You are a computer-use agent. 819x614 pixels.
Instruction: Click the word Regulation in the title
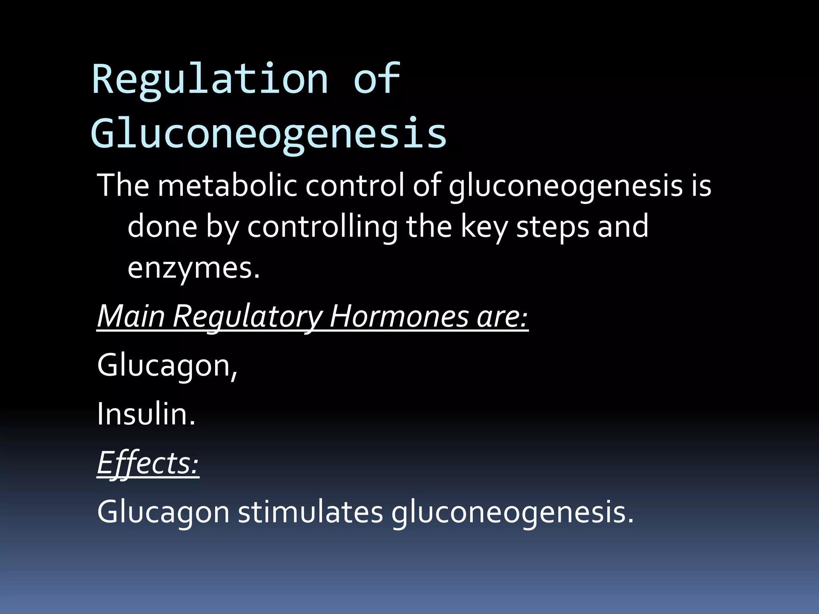pyautogui.click(x=210, y=79)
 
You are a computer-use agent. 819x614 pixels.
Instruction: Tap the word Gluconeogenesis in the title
pyautogui.click(x=269, y=133)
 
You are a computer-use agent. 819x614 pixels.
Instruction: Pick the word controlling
pyautogui.click(x=322, y=226)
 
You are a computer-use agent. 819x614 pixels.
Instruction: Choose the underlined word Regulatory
pyautogui.click(x=248, y=316)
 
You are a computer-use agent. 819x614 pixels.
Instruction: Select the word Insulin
pyautogui.click(x=146, y=414)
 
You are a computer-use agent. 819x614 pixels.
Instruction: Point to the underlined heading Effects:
pyautogui.click(x=148, y=463)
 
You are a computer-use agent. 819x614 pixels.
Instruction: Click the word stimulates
pyautogui.click(x=310, y=512)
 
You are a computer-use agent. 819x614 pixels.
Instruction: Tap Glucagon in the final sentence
pyautogui.click(x=163, y=512)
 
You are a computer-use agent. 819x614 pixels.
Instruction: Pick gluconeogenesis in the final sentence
pyautogui.click(x=512, y=512)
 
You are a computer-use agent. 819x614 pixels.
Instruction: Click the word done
pyautogui.click(x=162, y=226)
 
